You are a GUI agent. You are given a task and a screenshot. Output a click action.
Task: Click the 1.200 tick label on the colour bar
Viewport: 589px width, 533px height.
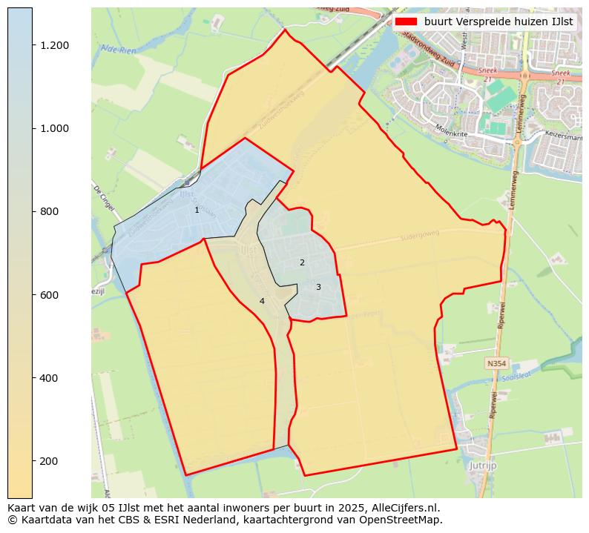click(55, 45)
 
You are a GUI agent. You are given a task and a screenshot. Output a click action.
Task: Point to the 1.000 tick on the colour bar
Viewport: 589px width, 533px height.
click(55, 128)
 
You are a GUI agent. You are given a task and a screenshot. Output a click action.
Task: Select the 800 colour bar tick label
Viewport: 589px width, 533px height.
click(50, 211)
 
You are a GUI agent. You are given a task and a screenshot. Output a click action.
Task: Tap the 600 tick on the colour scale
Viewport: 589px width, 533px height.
click(50, 295)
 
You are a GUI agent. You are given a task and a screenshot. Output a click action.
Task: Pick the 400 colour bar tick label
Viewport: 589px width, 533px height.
click(50, 378)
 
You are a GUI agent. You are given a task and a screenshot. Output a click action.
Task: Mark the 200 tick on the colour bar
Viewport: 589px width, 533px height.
click(50, 461)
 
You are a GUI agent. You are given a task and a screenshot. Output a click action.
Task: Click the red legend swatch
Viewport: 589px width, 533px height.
click(407, 21)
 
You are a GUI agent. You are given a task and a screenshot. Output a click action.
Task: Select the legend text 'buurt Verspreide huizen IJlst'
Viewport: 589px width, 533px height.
click(498, 21)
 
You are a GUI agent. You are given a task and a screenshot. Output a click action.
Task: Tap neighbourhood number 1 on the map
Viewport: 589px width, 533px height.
click(197, 210)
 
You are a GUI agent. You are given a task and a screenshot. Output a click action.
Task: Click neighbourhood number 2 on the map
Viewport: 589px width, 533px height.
click(302, 262)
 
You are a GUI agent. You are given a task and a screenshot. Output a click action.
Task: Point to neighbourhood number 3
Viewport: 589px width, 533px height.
click(318, 287)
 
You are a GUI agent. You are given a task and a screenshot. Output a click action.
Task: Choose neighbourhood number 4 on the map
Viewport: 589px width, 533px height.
click(262, 301)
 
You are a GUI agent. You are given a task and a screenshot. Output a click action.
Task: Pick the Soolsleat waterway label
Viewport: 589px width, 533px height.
click(517, 377)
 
